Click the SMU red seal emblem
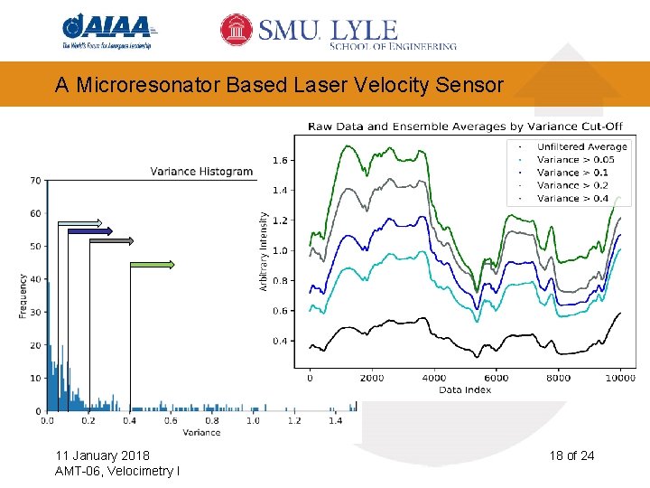click(x=237, y=30)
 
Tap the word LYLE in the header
click(x=365, y=29)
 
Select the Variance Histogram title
click(x=201, y=171)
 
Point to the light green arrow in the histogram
click(x=153, y=264)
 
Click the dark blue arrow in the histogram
click(x=89, y=231)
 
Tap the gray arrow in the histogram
click(x=111, y=241)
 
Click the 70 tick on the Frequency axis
click(x=34, y=181)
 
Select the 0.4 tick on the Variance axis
click(x=129, y=420)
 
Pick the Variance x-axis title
click(x=200, y=433)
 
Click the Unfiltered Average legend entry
click(x=581, y=146)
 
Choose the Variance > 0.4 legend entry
click(x=572, y=198)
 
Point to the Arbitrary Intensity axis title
click(x=264, y=250)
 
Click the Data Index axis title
click(x=465, y=389)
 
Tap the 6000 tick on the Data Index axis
click(x=497, y=378)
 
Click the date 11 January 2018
click(x=102, y=455)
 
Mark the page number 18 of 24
click(x=571, y=455)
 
